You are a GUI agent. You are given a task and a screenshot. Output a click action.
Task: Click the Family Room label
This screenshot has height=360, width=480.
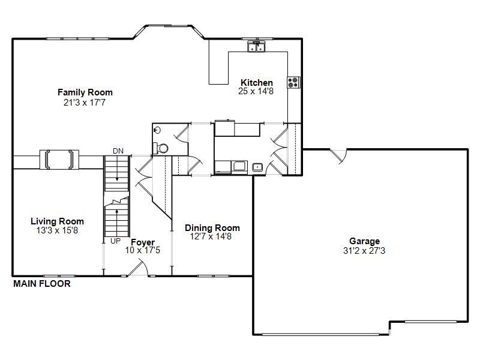pos(85,92)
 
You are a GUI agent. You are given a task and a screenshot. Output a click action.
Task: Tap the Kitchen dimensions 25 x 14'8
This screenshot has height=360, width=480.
pos(256,91)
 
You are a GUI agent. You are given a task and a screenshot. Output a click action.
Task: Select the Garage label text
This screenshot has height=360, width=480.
pos(364,241)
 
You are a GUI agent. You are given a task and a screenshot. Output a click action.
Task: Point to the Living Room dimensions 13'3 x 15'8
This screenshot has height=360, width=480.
pos(58,230)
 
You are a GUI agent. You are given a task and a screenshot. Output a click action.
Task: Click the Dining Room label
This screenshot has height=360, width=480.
pos(212,228)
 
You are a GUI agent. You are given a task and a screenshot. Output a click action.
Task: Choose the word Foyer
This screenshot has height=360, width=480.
pos(143,242)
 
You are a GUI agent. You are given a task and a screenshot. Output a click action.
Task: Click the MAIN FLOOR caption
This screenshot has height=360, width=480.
pos(42,284)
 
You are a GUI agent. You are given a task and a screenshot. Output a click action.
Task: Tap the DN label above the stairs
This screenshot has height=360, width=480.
pos(118,151)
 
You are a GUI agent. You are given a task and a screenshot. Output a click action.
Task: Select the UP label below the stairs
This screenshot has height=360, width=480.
pos(116,241)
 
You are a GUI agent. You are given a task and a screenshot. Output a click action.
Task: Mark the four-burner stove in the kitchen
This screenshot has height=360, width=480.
pos(293,82)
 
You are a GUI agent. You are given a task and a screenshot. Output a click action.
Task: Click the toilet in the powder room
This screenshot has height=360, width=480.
pos(161,148)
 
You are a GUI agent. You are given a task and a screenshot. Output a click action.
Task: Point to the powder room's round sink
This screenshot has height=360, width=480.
pos(157,130)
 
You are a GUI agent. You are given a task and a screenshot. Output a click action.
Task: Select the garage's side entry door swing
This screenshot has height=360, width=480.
pos(338,156)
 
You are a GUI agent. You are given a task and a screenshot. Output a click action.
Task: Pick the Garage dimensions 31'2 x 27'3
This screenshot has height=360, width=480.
pos(364,251)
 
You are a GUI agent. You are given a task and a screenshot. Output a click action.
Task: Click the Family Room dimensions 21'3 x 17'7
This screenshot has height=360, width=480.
pos(85,102)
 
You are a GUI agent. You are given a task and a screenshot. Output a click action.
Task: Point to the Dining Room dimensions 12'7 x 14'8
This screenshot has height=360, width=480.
pos(212,237)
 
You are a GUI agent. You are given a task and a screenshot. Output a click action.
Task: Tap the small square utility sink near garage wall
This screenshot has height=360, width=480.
pos(258,167)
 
